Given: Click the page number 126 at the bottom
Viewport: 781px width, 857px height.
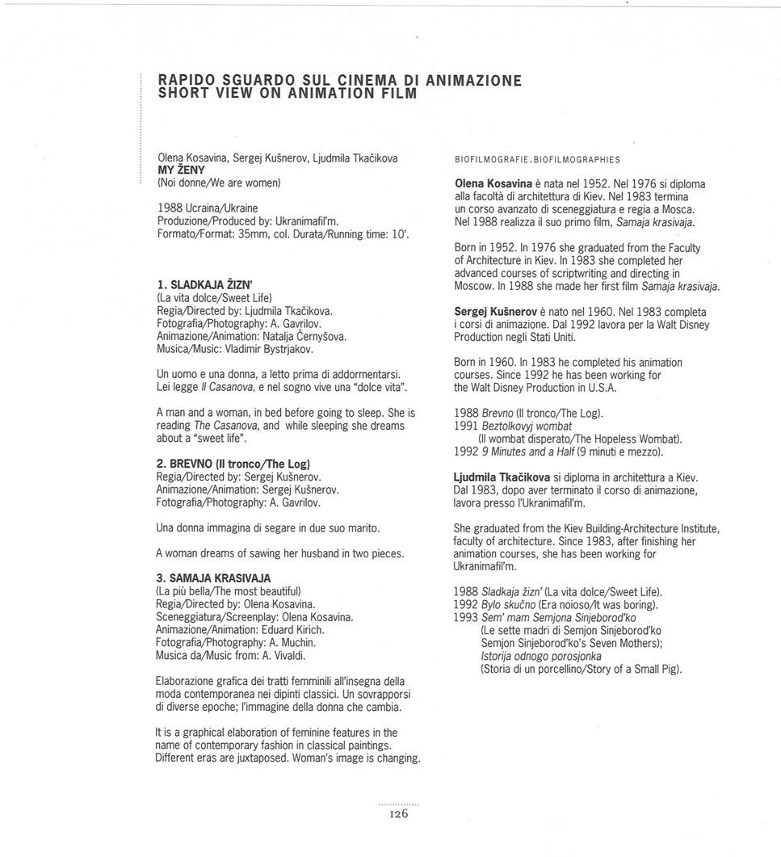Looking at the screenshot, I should click(x=399, y=815).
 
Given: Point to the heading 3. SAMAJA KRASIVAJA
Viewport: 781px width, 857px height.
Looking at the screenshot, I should click(x=213, y=578).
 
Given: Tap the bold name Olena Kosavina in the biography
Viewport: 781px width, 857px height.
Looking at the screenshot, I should click(x=492, y=183).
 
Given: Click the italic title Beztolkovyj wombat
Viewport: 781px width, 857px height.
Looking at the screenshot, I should click(x=527, y=426).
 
